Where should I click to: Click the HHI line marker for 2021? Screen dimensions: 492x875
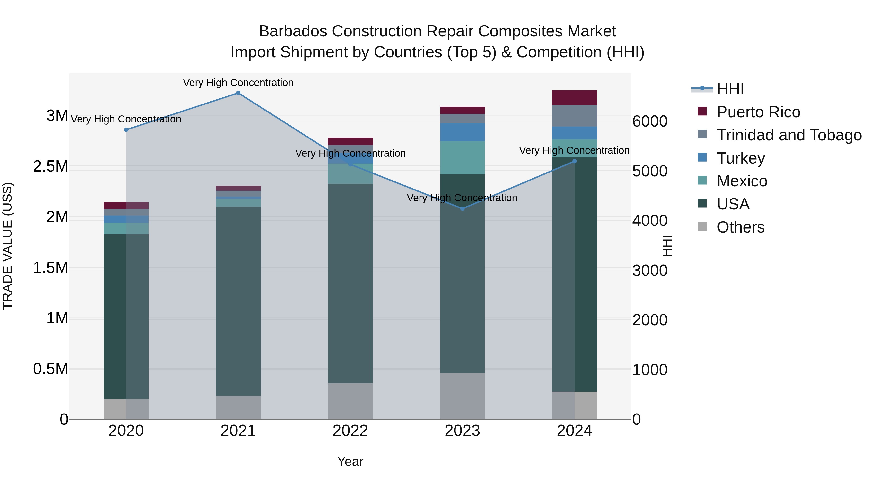[238, 93]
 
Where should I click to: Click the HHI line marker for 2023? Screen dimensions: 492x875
[462, 208]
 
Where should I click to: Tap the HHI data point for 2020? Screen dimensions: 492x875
[126, 130]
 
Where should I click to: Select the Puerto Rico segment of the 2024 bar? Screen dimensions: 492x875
[574, 97]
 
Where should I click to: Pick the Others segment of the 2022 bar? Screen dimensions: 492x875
[350, 401]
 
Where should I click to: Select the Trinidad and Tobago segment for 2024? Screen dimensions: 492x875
[574, 116]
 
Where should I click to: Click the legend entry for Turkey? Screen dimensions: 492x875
[741, 158]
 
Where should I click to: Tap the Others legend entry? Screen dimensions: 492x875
[741, 227]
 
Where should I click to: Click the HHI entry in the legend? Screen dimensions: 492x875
[730, 89]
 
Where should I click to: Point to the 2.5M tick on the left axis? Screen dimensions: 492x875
[51, 167]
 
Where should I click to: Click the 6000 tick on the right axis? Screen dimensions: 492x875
[650, 121]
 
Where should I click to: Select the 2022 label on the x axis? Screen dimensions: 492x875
[350, 431]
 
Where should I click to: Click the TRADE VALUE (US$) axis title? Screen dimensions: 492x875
[8, 246]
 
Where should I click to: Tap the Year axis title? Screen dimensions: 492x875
[350, 461]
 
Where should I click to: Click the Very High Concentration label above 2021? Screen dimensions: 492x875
[238, 83]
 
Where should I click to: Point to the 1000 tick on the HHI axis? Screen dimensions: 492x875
[650, 370]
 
